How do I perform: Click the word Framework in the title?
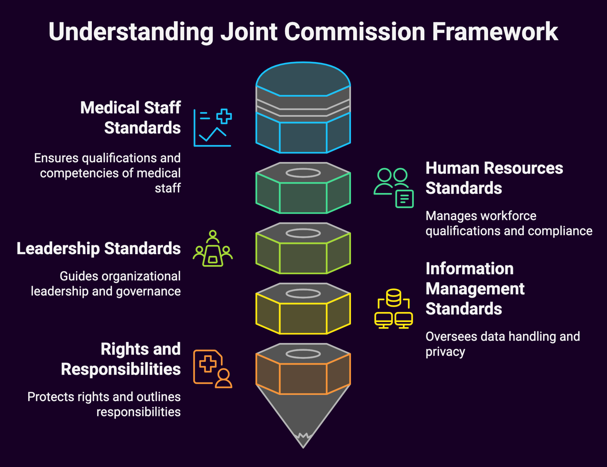coord(495,32)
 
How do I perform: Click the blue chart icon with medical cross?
coord(213,127)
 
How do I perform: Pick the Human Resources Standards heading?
coord(494,178)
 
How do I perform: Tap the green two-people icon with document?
coord(394,188)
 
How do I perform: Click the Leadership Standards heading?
coord(99,248)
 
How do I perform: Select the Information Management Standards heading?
coord(475,289)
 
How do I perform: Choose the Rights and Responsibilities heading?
coord(121,359)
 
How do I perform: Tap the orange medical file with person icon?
coord(213,369)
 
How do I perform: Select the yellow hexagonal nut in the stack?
coord(303,313)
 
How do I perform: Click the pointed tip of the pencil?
coord(303,442)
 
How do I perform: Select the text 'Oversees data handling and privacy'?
coord(502,344)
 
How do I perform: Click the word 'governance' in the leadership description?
coord(148,291)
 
